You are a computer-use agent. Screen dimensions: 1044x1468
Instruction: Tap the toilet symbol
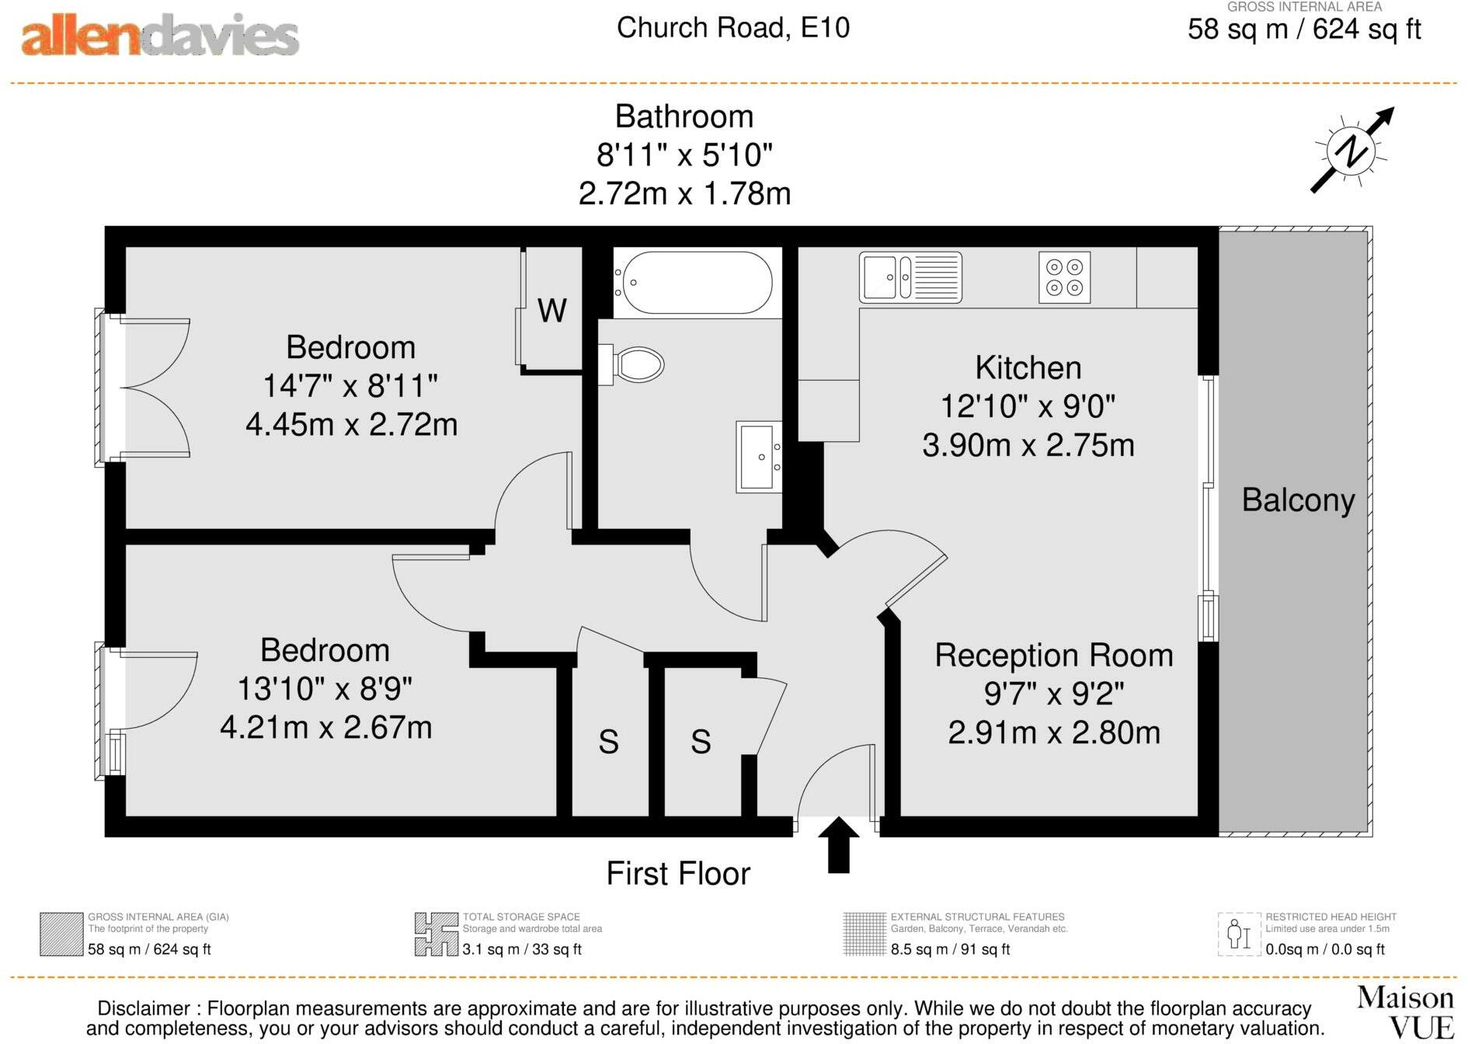click(634, 364)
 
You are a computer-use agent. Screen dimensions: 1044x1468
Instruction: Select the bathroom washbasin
click(758, 457)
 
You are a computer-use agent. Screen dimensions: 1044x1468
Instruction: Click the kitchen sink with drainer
click(910, 277)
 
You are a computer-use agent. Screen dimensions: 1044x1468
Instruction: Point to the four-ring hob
click(1064, 277)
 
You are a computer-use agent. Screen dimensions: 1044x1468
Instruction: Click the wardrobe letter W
click(552, 311)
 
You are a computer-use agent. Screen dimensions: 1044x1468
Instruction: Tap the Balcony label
click(1298, 499)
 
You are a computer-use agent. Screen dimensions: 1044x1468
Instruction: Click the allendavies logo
click(160, 36)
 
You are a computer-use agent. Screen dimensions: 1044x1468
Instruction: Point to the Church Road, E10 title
click(732, 28)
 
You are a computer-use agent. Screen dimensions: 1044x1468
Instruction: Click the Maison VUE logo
click(1405, 1012)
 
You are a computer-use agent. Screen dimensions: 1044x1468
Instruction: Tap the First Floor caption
click(678, 873)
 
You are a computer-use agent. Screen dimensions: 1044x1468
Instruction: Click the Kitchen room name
click(1028, 367)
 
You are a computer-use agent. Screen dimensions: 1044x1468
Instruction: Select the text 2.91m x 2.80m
click(1054, 733)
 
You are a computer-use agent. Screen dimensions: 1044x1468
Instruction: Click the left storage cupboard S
click(608, 742)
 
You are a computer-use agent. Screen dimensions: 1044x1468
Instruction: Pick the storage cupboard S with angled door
click(701, 742)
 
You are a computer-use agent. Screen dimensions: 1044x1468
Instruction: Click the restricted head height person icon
click(1238, 934)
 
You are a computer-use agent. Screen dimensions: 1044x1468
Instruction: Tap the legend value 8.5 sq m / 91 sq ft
click(950, 949)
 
